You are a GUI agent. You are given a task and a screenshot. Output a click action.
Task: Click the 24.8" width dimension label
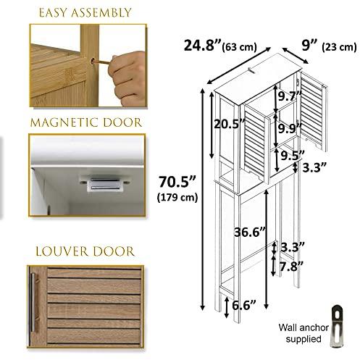pyautogui.click(x=202, y=46)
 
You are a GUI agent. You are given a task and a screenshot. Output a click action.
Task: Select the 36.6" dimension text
pyautogui.click(x=250, y=233)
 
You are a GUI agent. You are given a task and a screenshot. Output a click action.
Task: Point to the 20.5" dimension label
pyautogui.click(x=230, y=124)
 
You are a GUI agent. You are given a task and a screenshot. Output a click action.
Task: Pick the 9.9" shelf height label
pyautogui.click(x=290, y=128)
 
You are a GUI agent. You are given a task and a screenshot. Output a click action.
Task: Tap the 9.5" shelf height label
pyautogui.click(x=293, y=156)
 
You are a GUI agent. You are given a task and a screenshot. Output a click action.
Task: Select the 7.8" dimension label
pyautogui.click(x=291, y=267)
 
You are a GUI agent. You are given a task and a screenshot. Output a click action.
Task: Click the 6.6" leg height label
pyautogui.click(x=243, y=305)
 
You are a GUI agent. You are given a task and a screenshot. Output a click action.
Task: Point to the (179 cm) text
pyautogui.click(x=177, y=198)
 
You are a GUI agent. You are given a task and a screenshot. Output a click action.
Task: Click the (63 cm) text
pyautogui.click(x=239, y=47)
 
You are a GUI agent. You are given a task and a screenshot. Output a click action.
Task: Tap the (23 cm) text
pyautogui.click(x=339, y=47)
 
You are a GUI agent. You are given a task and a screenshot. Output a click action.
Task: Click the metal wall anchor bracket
pyautogui.click(x=337, y=326)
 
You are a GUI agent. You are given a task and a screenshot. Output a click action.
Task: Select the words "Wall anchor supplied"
pyautogui.click(x=304, y=333)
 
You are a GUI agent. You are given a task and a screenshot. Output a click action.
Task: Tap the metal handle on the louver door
pyautogui.click(x=33, y=303)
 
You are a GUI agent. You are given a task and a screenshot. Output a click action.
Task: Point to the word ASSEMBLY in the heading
pyautogui.click(x=101, y=13)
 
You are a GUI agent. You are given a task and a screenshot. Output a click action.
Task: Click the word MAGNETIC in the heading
pyautogui.click(x=64, y=122)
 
